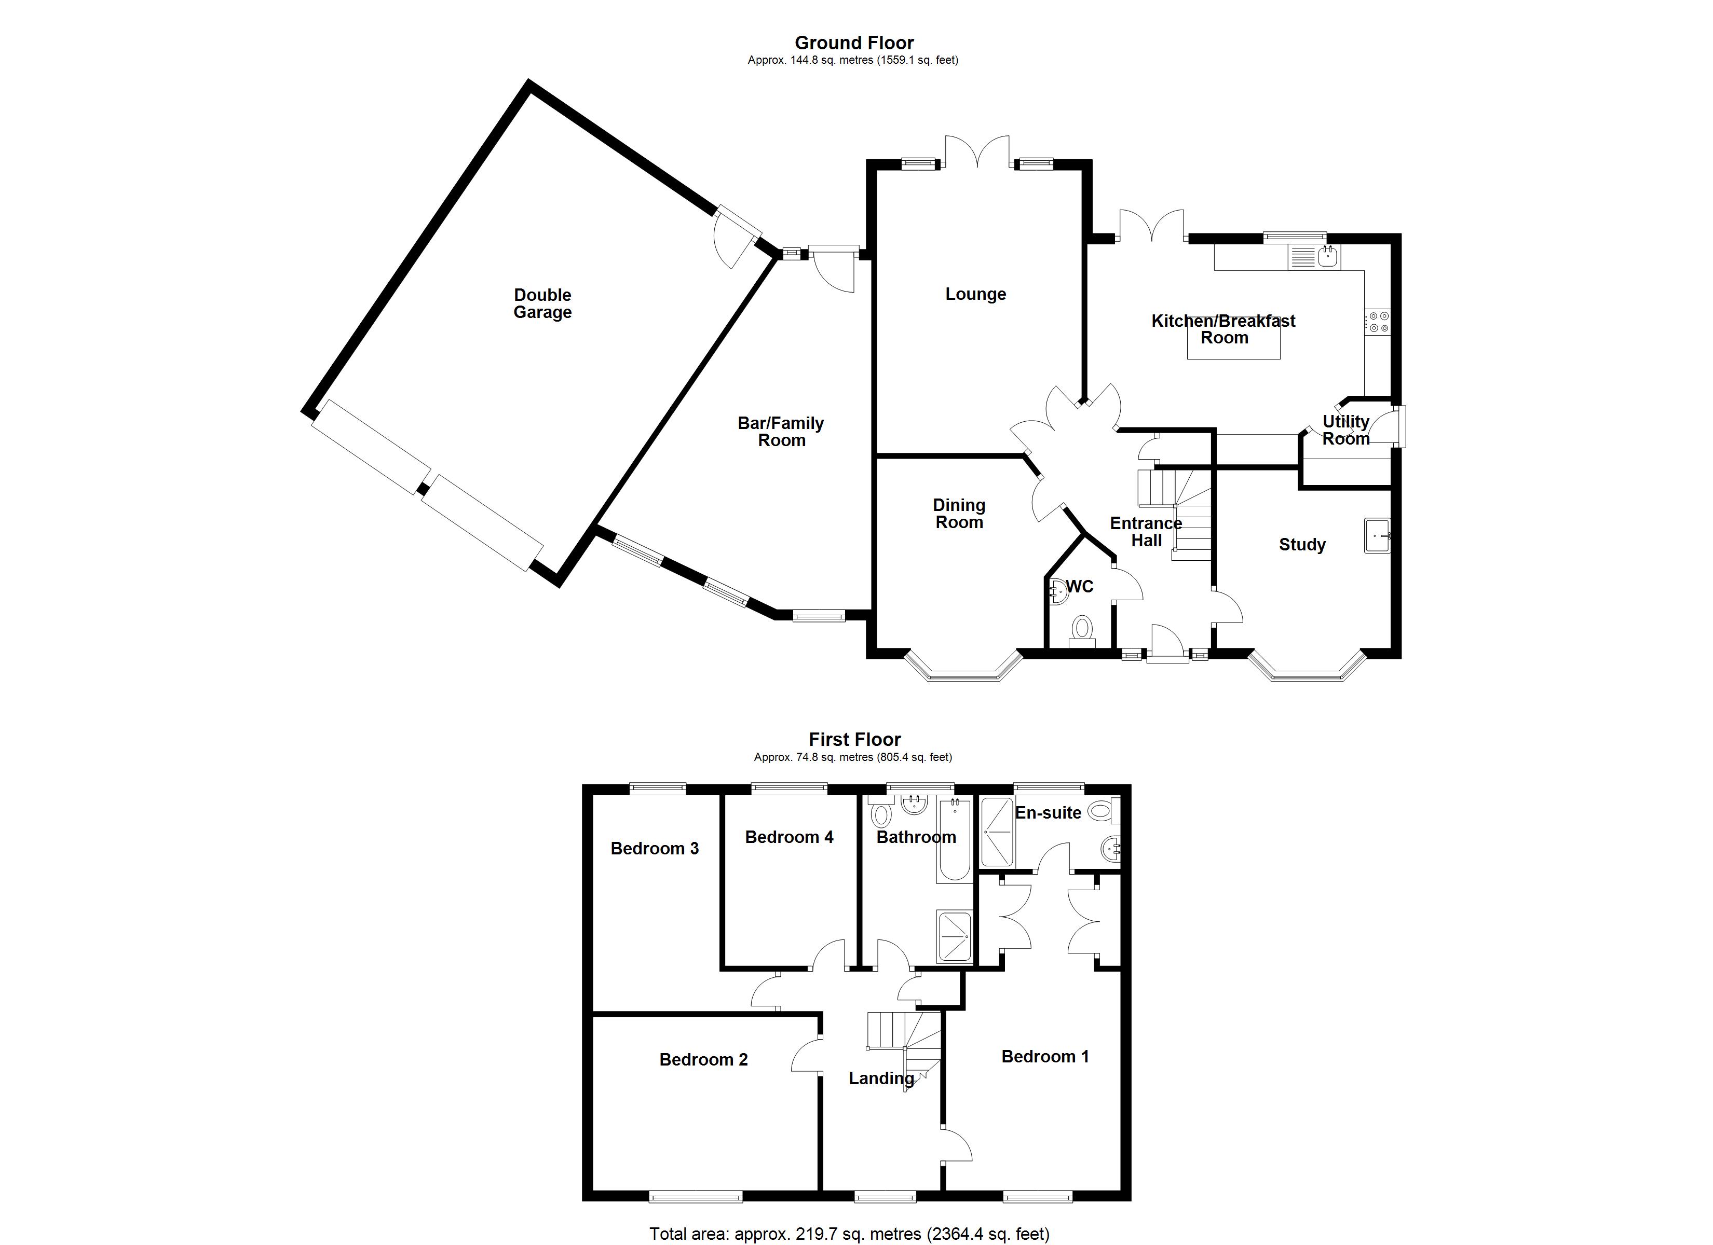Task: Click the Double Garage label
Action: point(542,303)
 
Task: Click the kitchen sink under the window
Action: point(1327,257)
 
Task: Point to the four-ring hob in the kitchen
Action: point(1378,322)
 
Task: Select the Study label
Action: point(1301,544)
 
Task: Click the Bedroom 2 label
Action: point(703,1059)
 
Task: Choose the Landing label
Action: point(881,1078)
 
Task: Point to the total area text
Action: point(849,1234)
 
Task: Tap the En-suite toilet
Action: point(1103,812)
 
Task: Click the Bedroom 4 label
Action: point(788,837)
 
